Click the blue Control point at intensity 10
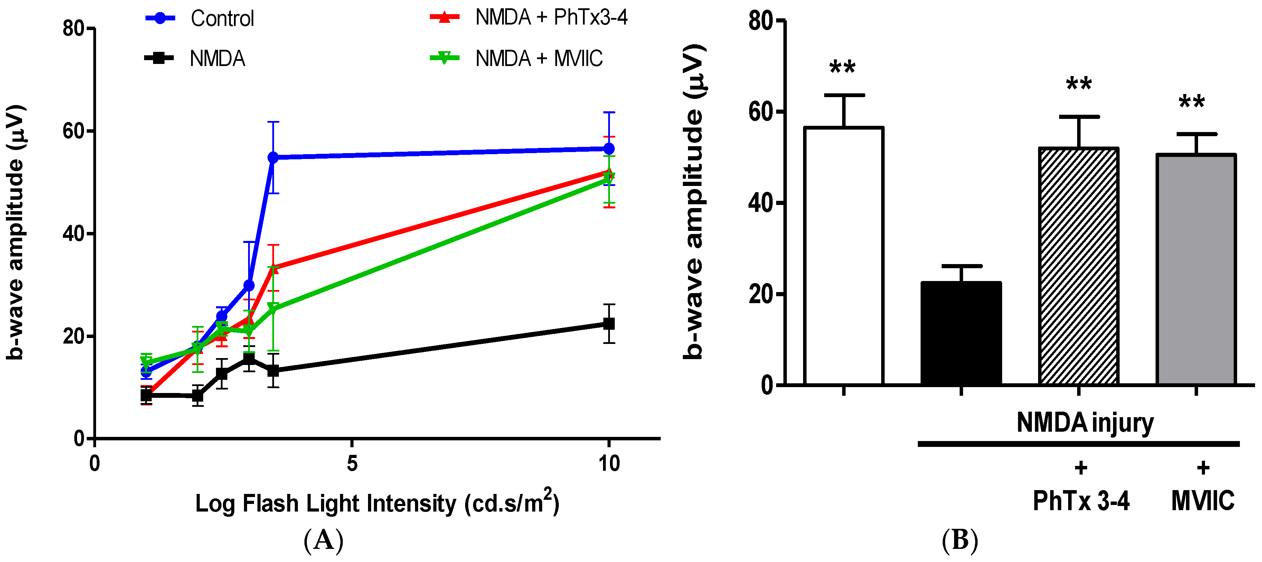click(609, 149)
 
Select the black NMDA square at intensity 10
click(609, 324)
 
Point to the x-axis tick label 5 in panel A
click(352, 463)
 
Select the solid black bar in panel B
click(961, 333)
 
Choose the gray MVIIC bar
click(1196, 270)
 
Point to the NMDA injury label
click(1085, 422)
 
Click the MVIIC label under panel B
click(1202, 501)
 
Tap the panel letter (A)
click(323, 541)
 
